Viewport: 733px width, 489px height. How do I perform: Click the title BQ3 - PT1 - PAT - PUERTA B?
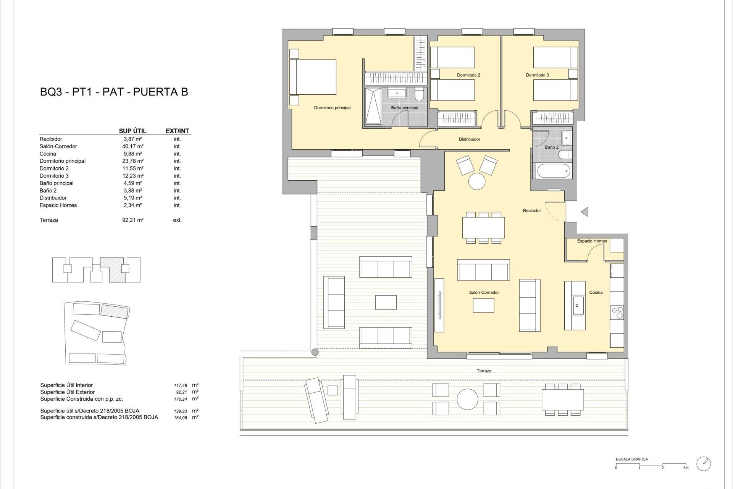click(x=114, y=92)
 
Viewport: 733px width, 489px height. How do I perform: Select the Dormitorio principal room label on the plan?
click(x=332, y=108)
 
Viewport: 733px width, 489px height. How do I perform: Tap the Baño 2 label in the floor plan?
click(x=552, y=147)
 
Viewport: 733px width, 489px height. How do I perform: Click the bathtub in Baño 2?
click(x=554, y=171)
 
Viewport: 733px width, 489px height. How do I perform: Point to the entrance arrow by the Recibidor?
click(x=584, y=212)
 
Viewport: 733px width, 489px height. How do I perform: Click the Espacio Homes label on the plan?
click(x=592, y=241)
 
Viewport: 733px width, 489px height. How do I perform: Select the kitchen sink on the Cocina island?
click(x=577, y=305)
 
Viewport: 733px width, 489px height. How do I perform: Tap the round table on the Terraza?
click(x=467, y=400)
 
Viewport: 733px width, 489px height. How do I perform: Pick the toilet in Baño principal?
click(x=419, y=94)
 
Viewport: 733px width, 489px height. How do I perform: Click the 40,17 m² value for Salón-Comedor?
click(x=132, y=146)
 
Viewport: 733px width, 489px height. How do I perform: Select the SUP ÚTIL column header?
click(x=132, y=131)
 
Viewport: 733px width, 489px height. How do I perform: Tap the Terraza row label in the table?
click(x=48, y=220)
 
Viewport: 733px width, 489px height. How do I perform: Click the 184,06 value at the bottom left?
click(x=181, y=418)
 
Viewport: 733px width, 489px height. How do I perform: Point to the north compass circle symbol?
click(x=704, y=464)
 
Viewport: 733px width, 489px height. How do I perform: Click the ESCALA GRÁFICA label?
click(x=631, y=459)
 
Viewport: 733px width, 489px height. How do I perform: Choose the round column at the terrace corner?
click(x=315, y=352)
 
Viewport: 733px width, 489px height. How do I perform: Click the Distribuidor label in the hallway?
click(x=469, y=139)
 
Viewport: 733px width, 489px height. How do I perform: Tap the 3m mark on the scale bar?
click(x=686, y=468)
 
